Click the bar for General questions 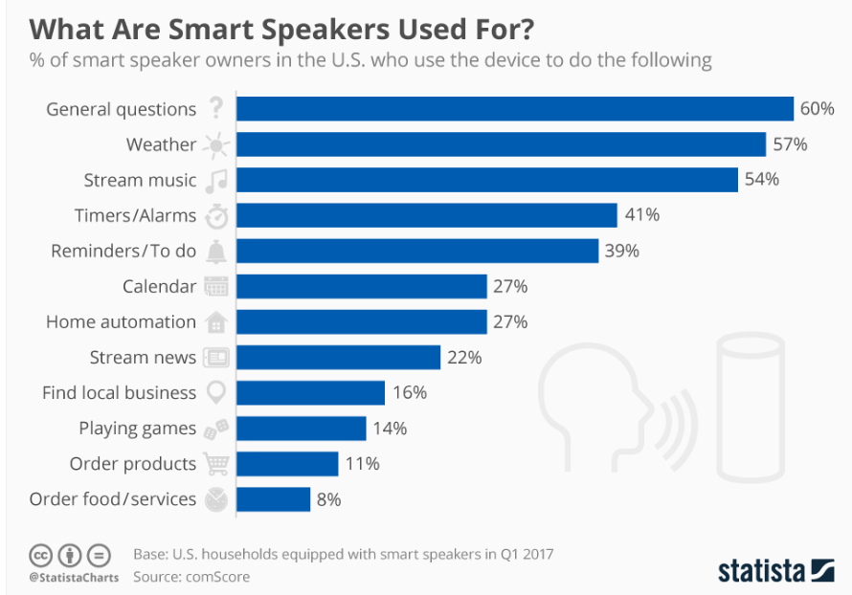coord(515,109)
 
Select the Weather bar coord(502,144)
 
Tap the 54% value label coord(761,180)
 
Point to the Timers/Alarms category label coord(135,215)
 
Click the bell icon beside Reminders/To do coord(216,251)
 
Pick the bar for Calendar coord(362,286)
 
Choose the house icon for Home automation coord(216,322)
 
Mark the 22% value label coord(463,358)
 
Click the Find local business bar coord(310,393)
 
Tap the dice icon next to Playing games coord(216,429)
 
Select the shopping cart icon coord(216,464)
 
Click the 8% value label coord(328,499)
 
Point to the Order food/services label coord(113,499)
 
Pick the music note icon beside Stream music coord(216,180)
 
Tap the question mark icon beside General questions coord(216,109)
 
